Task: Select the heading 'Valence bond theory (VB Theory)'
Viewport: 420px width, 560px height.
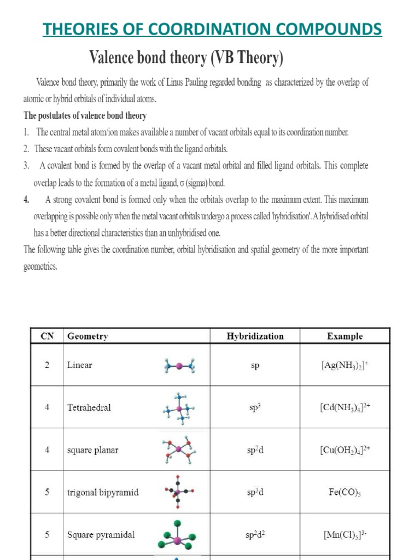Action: click(x=186, y=57)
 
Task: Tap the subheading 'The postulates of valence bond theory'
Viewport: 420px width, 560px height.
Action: click(x=85, y=116)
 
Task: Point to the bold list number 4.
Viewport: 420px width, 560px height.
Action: click(x=26, y=200)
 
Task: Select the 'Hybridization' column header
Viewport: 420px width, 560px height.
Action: click(x=255, y=336)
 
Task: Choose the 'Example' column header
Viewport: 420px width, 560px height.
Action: click(x=345, y=336)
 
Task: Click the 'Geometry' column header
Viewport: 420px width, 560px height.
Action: click(x=87, y=336)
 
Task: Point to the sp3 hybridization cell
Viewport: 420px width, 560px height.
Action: click(x=255, y=407)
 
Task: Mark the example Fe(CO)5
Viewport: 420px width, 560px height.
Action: click(x=345, y=492)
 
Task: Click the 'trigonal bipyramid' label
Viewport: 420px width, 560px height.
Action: click(x=103, y=492)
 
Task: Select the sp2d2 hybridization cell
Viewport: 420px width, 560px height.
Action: click(x=255, y=534)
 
